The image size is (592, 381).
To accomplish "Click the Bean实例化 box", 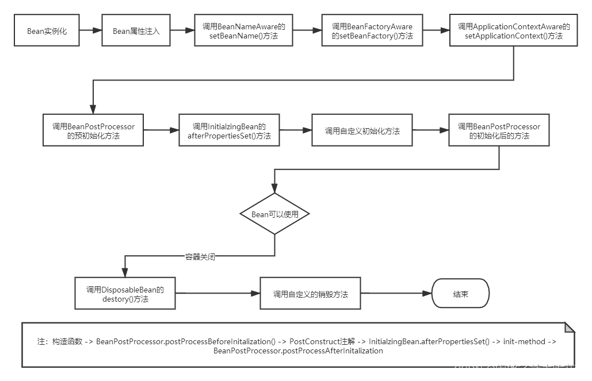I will click(47, 31).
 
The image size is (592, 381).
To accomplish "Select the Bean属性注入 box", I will click(136, 31).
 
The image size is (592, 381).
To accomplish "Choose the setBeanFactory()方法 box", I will click(372, 31).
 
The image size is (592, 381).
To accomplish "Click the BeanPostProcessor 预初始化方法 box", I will click(93, 131).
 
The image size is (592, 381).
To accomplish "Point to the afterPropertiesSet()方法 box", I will click(228, 131).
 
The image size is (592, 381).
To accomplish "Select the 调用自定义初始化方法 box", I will click(362, 131).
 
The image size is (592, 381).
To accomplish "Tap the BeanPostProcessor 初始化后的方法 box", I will click(499, 131).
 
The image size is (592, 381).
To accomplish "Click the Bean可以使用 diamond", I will click(274, 214).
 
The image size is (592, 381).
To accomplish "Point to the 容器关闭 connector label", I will click(200, 257).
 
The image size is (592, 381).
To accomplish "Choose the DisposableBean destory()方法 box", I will click(125, 294).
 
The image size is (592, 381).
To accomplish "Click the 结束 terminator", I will click(460, 294).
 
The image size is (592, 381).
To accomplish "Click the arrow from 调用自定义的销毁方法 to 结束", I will click(396, 294).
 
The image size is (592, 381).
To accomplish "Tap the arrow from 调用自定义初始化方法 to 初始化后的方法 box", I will click(430, 131).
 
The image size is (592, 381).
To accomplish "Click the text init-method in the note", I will click(524, 341).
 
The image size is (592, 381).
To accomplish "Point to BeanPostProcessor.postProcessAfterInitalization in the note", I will click(298, 351).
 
